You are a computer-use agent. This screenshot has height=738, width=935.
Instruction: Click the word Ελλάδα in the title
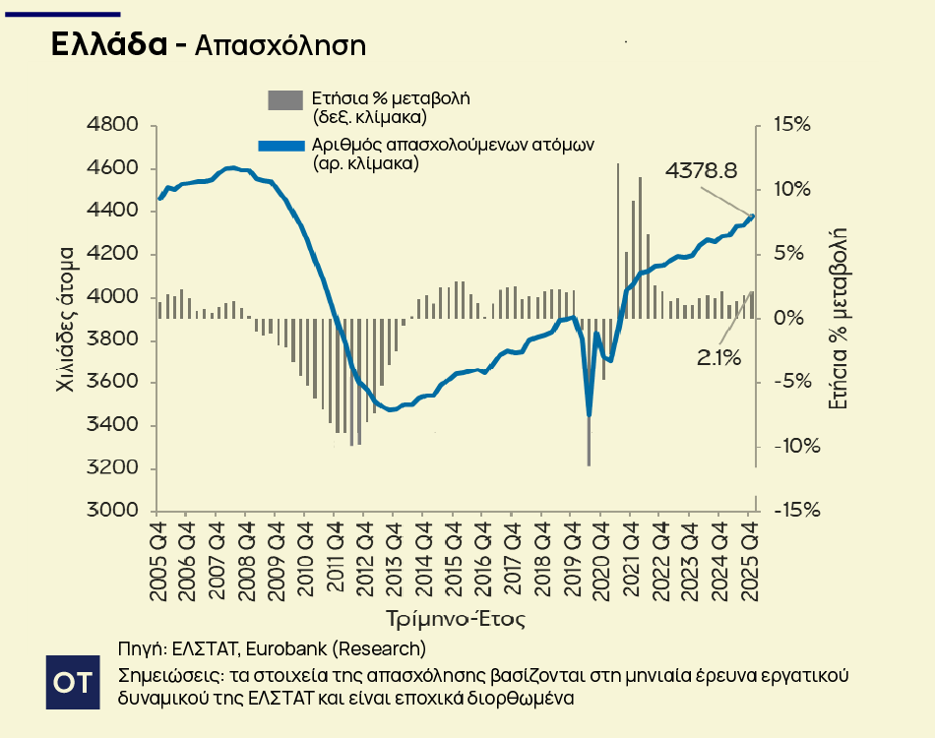(108, 45)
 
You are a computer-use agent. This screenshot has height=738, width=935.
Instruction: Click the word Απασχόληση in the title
(280, 46)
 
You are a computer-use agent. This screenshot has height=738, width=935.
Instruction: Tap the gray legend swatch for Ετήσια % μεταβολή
(285, 99)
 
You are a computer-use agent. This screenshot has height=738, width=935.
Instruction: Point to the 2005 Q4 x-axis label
(157, 561)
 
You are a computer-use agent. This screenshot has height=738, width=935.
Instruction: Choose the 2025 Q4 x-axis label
(748, 561)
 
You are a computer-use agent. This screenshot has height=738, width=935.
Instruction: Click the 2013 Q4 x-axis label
(394, 561)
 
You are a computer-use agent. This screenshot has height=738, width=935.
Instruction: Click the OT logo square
(74, 681)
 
